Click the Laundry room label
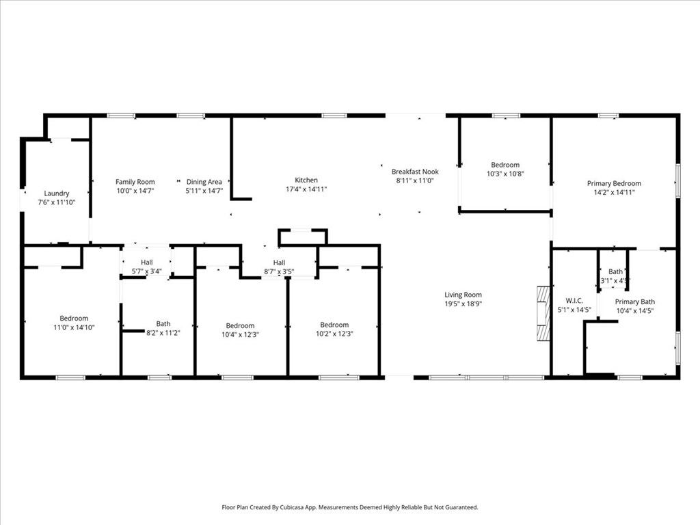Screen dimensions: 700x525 pyautogui.click(x=57, y=193)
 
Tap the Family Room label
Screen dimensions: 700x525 pyautogui.click(x=135, y=182)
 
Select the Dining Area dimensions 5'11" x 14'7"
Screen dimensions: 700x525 pyautogui.click(x=204, y=191)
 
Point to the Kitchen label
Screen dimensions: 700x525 pyautogui.click(x=306, y=180)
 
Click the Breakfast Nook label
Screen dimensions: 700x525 pyautogui.click(x=415, y=172)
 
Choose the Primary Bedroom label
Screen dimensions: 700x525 pyautogui.click(x=615, y=183)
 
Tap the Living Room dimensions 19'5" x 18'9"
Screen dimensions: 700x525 pyautogui.click(x=463, y=304)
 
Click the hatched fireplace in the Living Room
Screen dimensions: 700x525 pyautogui.click(x=543, y=314)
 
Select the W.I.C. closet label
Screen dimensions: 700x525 pyautogui.click(x=574, y=301)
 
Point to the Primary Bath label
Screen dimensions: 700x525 pyautogui.click(x=635, y=301)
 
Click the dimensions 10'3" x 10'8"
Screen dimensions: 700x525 pyautogui.click(x=505, y=174)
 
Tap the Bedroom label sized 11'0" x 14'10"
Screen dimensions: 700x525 pyautogui.click(x=74, y=319)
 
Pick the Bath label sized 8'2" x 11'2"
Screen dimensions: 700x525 pyautogui.click(x=163, y=323)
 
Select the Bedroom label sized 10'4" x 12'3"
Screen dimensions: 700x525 pyautogui.click(x=240, y=326)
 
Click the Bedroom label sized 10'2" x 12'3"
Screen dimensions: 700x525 pyautogui.click(x=334, y=325)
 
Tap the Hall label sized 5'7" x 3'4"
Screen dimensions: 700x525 pyautogui.click(x=147, y=262)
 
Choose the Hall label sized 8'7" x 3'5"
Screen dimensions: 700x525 pyautogui.click(x=280, y=262)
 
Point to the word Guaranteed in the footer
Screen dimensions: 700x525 pyautogui.click(x=463, y=507)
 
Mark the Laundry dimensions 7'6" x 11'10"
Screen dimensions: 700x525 pyautogui.click(x=57, y=202)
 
